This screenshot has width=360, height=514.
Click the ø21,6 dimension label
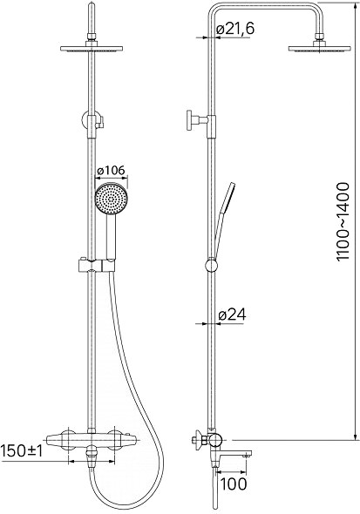pyautogui.click(x=235, y=29)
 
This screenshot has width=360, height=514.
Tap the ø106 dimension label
pyautogui.click(x=111, y=171)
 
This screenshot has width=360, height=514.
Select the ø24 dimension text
pyautogui.click(x=232, y=315)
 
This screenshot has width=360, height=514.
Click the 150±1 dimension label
pyautogui.click(x=22, y=451)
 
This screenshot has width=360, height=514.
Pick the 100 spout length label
pyautogui.click(x=233, y=484)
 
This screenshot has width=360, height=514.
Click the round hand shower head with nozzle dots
pyautogui.click(x=111, y=199)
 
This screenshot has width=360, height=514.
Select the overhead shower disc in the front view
pyautogui.click(x=92, y=49)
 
